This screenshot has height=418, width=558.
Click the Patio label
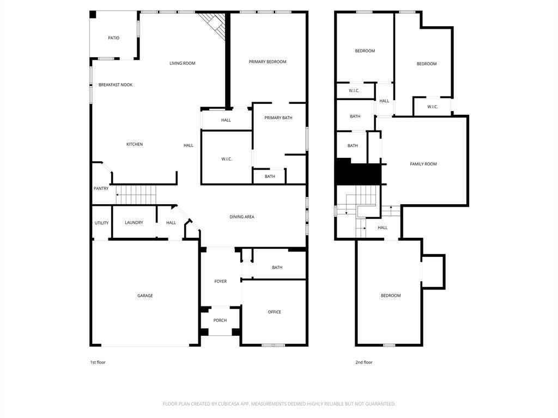[114, 38]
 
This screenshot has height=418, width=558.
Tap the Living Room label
[182, 63]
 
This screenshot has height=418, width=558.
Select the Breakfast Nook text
[116, 84]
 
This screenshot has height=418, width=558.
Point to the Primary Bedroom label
[267, 62]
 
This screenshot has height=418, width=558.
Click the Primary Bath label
[278, 118]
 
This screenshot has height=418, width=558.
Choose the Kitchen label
[135, 144]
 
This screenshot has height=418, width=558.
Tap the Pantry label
[101, 188]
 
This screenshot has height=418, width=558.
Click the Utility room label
[101, 223]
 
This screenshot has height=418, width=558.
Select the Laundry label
[134, 223]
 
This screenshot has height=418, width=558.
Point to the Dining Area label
[242, 217]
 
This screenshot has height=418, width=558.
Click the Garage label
[145, 296]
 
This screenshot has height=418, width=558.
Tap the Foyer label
[221, 281]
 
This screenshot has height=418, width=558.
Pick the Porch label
[220, 320]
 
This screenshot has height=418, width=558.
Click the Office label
[275, 312]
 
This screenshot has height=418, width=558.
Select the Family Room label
[423, 164]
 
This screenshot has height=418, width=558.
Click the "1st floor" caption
[98, 362]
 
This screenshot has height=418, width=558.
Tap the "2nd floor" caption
[363, 362]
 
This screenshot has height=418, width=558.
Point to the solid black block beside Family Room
[359, 171]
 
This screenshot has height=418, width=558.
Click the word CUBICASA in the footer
[229, 404]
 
